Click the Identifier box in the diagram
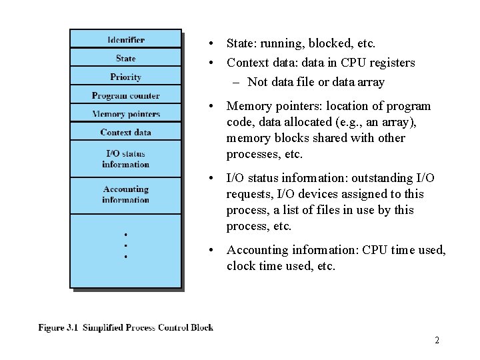125,39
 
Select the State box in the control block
125,58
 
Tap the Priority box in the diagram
125,77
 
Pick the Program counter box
125,95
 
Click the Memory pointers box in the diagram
125,114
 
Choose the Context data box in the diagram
125,132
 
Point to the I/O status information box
125,159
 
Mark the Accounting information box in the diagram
125,195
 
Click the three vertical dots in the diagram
125,245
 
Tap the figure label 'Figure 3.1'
61,327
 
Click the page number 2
437,341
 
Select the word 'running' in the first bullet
281,44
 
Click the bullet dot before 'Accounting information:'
211,250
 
